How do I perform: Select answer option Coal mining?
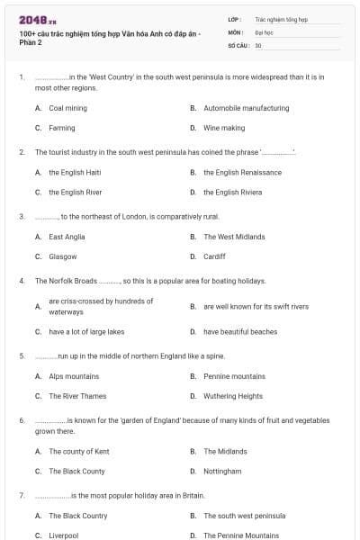click(67, 108)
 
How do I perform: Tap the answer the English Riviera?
click(232, 192)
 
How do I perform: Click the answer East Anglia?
click(67, 237)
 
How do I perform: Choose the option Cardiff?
click(214, 256)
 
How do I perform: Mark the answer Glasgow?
click(63, 256)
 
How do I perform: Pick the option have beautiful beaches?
click(240, 331)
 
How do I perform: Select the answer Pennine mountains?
click(234, 376)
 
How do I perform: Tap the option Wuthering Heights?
click(233, 396)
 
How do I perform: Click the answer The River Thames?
click(77, 396)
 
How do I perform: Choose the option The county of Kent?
click(79, 451)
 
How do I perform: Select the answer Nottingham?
click(222, 471)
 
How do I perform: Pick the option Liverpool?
click(64, 535)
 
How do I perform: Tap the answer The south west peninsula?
click(244, 516)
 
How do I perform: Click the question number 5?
click(21, 355)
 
